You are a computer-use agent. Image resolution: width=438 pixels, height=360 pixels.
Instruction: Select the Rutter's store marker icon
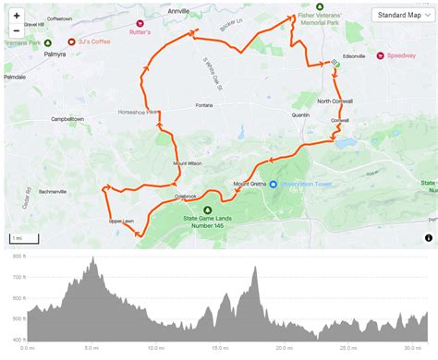click(x=140, y=23)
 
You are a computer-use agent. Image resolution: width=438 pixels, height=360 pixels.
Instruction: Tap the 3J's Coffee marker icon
click(x=72, y=42)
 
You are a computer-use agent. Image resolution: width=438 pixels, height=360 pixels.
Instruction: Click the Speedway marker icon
click(x=378, y=55)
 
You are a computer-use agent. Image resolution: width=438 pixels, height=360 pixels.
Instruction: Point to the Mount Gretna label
click(x=251, y=182)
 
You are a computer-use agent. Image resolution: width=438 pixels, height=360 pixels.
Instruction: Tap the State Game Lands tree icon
click(x=208, y=210)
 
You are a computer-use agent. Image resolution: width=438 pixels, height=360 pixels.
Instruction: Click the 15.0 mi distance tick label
click(x=218, y=348)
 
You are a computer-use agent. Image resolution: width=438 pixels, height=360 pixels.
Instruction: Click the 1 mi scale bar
click(x=18, y=239)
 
